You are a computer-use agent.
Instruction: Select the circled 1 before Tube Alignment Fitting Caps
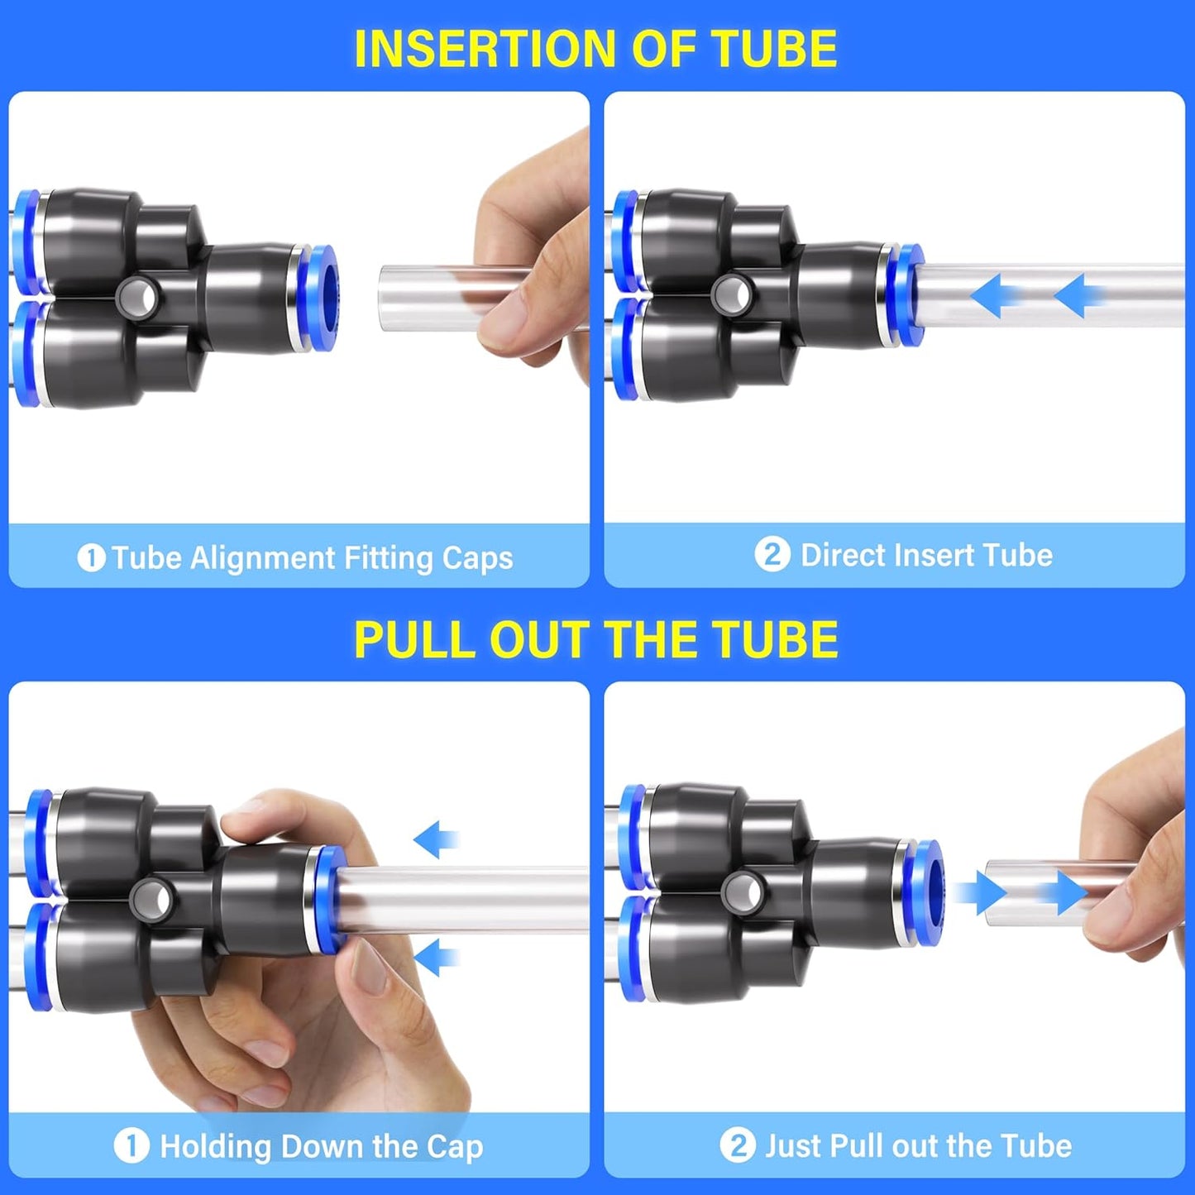point(91,558)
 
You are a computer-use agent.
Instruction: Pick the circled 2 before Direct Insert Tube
point(772,554)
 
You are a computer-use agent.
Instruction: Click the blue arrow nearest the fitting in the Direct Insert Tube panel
point(996,295)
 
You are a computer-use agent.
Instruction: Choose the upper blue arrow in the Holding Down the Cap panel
point(435,840)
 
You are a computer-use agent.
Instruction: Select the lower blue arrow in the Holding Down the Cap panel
point(435,958)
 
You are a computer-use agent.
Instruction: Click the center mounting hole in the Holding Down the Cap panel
point(150,898)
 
